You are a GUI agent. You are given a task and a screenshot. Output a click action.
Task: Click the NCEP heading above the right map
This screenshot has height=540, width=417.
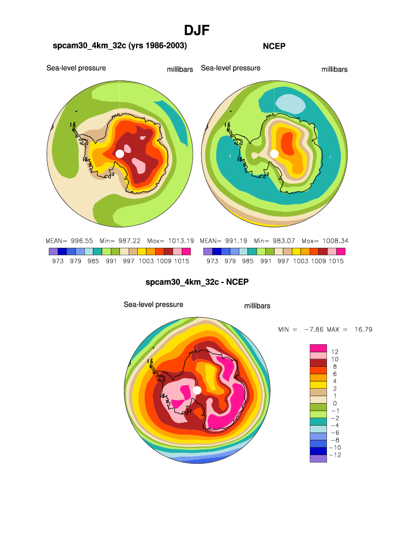pyautogui.click(x=275, y=46)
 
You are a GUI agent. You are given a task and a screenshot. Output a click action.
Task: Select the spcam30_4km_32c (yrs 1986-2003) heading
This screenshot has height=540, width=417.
pyautogui.click(x=120, y=45)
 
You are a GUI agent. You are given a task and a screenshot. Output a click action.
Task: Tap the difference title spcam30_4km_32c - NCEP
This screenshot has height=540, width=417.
pyautogui.click(x=197, y=282)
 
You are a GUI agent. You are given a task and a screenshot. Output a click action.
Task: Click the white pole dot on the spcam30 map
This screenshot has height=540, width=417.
pyautogui.click(x=119, y=153)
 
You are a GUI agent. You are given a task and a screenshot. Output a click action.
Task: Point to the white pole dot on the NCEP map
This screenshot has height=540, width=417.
pyautogui.click(x=275, y=153)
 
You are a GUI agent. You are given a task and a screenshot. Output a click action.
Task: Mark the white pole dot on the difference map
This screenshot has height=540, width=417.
pyautogui.click(x=197, y=390)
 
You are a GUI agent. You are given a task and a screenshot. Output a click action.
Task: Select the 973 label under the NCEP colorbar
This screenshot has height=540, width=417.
pyautogui.click(x=212, y=261)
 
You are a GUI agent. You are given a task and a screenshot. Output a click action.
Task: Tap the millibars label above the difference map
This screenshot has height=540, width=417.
pyautogui.click(x=257, y=306)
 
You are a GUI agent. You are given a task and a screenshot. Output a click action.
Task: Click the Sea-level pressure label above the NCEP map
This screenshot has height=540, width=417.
pyautogui.click(x=231, y=68)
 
